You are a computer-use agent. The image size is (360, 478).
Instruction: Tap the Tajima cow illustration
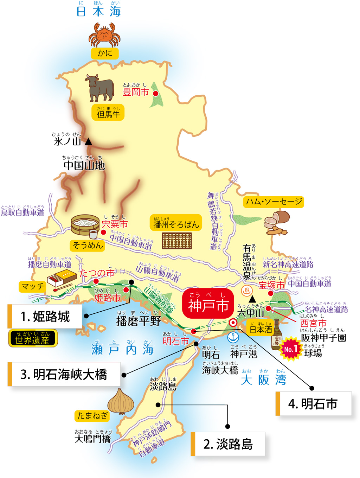[99, 87]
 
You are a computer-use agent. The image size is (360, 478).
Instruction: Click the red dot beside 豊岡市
[155, 94]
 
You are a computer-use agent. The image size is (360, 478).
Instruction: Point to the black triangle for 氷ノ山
[89, 142]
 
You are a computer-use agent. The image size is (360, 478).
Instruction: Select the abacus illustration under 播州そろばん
[177, 241]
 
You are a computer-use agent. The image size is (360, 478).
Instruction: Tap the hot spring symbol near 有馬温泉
[247, 291]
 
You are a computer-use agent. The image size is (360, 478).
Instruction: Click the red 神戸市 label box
[208, 304]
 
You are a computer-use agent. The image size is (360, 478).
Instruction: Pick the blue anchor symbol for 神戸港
[233, 337]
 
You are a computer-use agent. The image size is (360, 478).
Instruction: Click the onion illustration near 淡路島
[121, 401]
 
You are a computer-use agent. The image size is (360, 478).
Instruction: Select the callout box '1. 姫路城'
[45, 317]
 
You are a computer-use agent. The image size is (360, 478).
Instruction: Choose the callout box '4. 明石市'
[313, 403]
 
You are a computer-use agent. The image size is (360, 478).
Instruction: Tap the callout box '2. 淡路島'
[228, 444]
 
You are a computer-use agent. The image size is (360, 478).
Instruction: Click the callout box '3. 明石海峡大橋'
[64, 374]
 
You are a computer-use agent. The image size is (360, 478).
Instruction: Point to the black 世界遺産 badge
[33, 339]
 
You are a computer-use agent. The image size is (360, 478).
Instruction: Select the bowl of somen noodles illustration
[85, 225]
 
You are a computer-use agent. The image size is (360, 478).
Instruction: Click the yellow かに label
[105, 53]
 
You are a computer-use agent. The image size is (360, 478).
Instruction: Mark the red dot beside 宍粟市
[103, 232]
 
